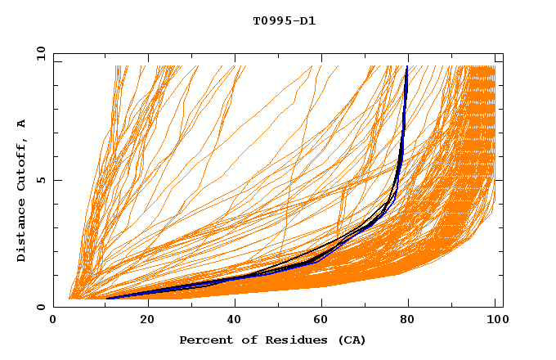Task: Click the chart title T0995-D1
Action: (x=284, y=20)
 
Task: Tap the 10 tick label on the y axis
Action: (x=38, y=53)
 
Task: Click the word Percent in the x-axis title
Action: (x=205, y=340)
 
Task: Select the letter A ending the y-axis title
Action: (x=21, y=124)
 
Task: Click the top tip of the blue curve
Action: (x=407, y=67)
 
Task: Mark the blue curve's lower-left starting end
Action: (x=109, y=298)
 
